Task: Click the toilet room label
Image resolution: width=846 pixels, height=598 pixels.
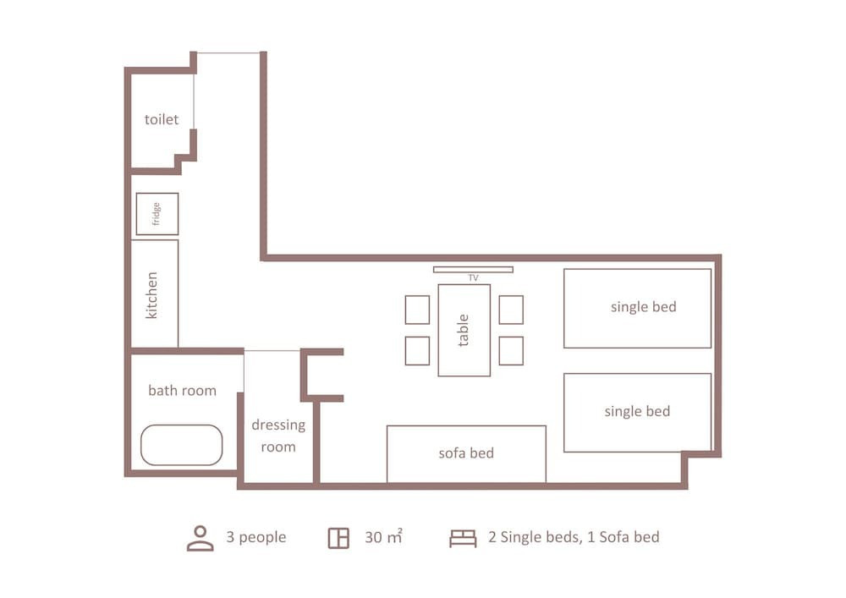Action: click(x=162, y=119)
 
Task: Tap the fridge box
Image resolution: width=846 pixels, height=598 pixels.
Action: click(x=157, y=213)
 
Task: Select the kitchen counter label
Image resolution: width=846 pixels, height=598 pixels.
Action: click(x=151, y=295)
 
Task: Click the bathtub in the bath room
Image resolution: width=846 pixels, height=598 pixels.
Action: click(x=181, y=445)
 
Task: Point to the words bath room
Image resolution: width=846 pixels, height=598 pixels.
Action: click(x=183, y=391)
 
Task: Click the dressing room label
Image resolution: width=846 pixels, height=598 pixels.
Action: click(x=278, y=436)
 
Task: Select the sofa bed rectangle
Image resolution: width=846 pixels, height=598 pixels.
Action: click(x=466, y=454)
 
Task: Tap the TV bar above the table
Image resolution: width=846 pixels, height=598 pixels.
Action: click(x=473, y=270)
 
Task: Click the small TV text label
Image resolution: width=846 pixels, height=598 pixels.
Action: click(x=473, y=278)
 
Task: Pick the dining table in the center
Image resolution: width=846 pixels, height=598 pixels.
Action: click(x=464, y=330)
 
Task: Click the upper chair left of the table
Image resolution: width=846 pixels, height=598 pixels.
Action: click(x=417, y=310)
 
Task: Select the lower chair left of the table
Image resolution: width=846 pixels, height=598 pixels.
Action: click(x=417, y=350)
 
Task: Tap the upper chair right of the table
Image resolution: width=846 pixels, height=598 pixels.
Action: click(x=511, y=310)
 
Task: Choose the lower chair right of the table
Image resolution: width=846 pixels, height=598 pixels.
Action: click(x=511, y=350)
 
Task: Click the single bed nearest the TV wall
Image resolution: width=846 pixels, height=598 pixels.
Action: click(x=637, y=309)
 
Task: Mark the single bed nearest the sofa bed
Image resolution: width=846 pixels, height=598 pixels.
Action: click(x=637, y=413)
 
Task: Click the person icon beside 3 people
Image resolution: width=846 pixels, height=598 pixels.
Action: click(x=201, y=538)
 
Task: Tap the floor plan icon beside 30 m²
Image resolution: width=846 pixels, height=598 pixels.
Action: click(x=339, y=538)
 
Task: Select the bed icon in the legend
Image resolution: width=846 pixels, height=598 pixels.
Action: click(x=463, y=538)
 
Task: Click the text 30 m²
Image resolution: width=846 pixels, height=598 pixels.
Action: click(x=383, y=536)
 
